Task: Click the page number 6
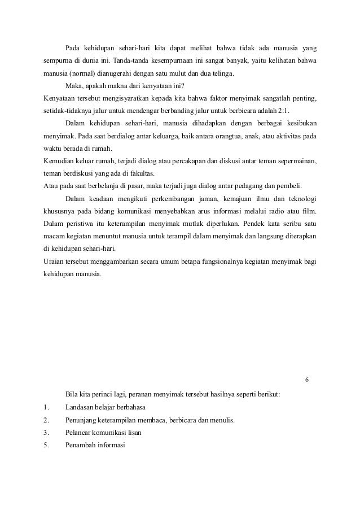306,379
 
